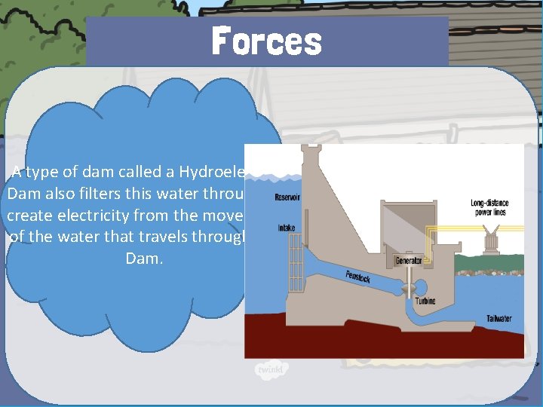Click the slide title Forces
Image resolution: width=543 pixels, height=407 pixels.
pos(266,41)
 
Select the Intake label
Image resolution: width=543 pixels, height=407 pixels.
pos(287,227)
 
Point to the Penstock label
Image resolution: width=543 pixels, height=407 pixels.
pos(357,277)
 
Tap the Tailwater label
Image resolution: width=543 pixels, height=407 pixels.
pos(499,319)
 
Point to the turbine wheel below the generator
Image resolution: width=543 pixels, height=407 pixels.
pos(406,289)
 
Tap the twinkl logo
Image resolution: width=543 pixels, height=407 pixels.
pos(269,371)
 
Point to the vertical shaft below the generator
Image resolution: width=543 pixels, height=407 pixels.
pos(406,274)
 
